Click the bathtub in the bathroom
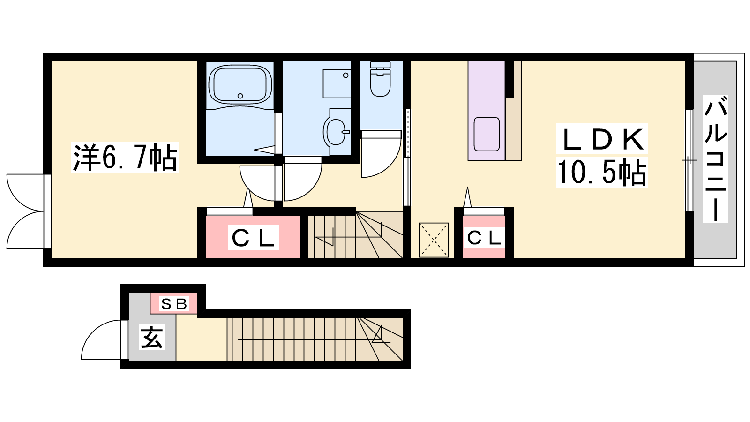pos(240,84)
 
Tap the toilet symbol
pos(380,79)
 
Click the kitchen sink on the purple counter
pos(487,134)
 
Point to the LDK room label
pos(602,139)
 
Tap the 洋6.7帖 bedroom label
pos(125,158)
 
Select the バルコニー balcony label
pos(715,159)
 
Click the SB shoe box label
pos(174,304)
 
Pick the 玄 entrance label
pos(152,337)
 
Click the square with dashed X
pos(434,240)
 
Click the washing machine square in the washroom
pos(337,83)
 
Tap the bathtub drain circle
pos(240,96)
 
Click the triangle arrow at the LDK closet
pos(467,197)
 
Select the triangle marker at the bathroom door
pos(264,150)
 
